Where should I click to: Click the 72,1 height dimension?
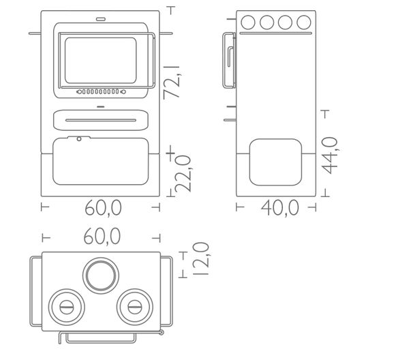pos(172,82)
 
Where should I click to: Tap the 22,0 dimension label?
pos(183,174)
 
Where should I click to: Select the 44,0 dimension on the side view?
pos(330,155)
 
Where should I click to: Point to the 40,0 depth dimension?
pos(280,208)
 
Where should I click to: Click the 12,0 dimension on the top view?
pos(200,259)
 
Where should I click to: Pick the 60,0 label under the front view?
pos(104,208)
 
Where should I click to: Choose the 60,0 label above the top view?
pos(102,237)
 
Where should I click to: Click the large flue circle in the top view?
pos(101,275)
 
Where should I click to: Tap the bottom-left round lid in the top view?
pos(67,307)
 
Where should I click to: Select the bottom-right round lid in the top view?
pos(135,307)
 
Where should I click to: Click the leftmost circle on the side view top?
pos(248,22)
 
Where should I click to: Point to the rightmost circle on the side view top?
pos(304,22)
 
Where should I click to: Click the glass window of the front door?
pos(101,61)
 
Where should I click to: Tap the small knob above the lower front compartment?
pos(79,139)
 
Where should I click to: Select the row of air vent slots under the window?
pos(101,91)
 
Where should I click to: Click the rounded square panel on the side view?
pos(275,162)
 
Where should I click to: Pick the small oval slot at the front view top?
pos(101,19)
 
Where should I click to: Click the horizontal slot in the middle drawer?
pos(101,120)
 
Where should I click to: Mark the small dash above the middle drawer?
pos(101,106)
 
